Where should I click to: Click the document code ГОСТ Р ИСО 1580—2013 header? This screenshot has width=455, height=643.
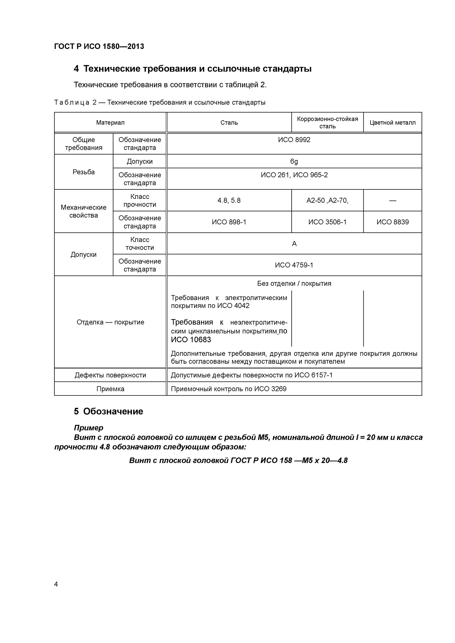coord(99,46)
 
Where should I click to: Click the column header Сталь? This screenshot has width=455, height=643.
coord(229,123)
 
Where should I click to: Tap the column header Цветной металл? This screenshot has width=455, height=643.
coord(393,123)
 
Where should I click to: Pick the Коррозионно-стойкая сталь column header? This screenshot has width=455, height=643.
coord(327,123)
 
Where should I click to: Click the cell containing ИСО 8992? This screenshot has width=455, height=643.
coord(294,140)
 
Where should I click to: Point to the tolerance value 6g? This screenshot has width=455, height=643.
coord(294,161)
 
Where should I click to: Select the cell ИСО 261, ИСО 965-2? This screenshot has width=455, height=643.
coord(294,175)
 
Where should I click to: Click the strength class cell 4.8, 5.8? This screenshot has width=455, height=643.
coord(229,201)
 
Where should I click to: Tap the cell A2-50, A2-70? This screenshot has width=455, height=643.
coord(327,201)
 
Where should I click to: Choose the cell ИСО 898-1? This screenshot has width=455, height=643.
coord(229,222)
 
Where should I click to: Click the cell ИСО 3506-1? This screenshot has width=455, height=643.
coord(327,222)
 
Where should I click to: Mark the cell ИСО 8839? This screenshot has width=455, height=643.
coord(393,222)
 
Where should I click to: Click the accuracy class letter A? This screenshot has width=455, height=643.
coord(294,244)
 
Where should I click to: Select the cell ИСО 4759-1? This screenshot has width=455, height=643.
coord(294,265)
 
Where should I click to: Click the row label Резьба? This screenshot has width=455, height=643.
coord(83,172)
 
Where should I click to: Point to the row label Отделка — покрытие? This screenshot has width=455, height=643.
coord(110,322)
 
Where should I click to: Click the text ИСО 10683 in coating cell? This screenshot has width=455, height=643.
coord(191,340)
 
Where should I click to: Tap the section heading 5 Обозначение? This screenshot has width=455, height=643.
coord(109,411)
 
